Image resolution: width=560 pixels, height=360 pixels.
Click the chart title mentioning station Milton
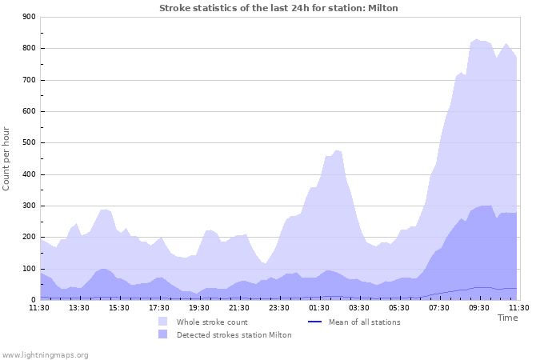click(278, 8)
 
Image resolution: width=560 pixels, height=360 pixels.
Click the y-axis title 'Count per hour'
click(7, 158)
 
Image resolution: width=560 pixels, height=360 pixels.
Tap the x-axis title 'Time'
click(507, 318)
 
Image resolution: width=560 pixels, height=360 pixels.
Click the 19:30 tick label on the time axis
click(199, 307)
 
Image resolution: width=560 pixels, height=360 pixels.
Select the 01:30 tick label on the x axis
click(319, 307)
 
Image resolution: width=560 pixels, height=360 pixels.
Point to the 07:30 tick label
click(439, 307)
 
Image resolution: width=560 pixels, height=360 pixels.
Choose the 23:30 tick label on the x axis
click(279, 307)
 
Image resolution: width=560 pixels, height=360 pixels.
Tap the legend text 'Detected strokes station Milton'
click(234, 335)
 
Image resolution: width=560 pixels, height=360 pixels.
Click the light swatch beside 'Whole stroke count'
click(163, 322)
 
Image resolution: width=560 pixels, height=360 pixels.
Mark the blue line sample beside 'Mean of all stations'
click(315, 322)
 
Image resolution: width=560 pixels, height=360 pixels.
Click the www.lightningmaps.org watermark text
click(45, 354)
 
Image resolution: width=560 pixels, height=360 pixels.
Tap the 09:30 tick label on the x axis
click(479, 307)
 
